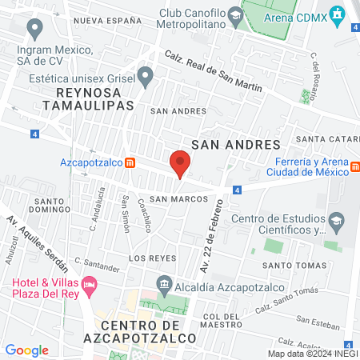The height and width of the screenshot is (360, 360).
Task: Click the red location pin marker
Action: coord(180,164)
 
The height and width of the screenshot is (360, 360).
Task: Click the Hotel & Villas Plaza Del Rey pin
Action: coord(90,284)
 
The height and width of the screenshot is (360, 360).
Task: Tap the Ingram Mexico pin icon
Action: coord(34,29)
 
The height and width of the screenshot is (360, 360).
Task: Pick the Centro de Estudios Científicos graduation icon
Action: coord(335,219)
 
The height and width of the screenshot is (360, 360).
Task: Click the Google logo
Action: coord(26,350)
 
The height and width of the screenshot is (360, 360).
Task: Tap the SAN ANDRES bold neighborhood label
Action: coord(237,144)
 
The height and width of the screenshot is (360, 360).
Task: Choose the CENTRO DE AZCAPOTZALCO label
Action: coord(150,332)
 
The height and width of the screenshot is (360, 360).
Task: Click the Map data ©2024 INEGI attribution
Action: coord(312,353)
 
